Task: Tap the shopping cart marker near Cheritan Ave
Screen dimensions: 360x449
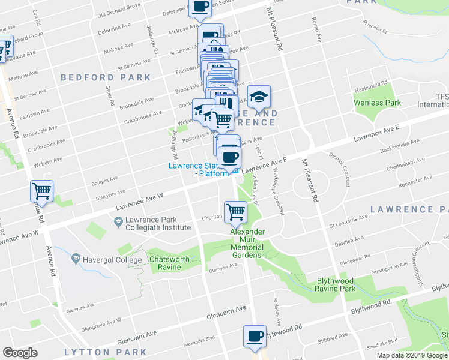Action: [236, 211]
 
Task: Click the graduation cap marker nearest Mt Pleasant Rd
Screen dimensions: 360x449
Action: [259, 96]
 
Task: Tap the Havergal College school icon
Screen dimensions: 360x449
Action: [75, 259]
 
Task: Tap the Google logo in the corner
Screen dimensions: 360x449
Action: [20, 353]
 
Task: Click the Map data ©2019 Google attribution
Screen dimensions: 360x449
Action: [412, 355]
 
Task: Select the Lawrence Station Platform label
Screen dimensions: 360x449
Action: [198, 170]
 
